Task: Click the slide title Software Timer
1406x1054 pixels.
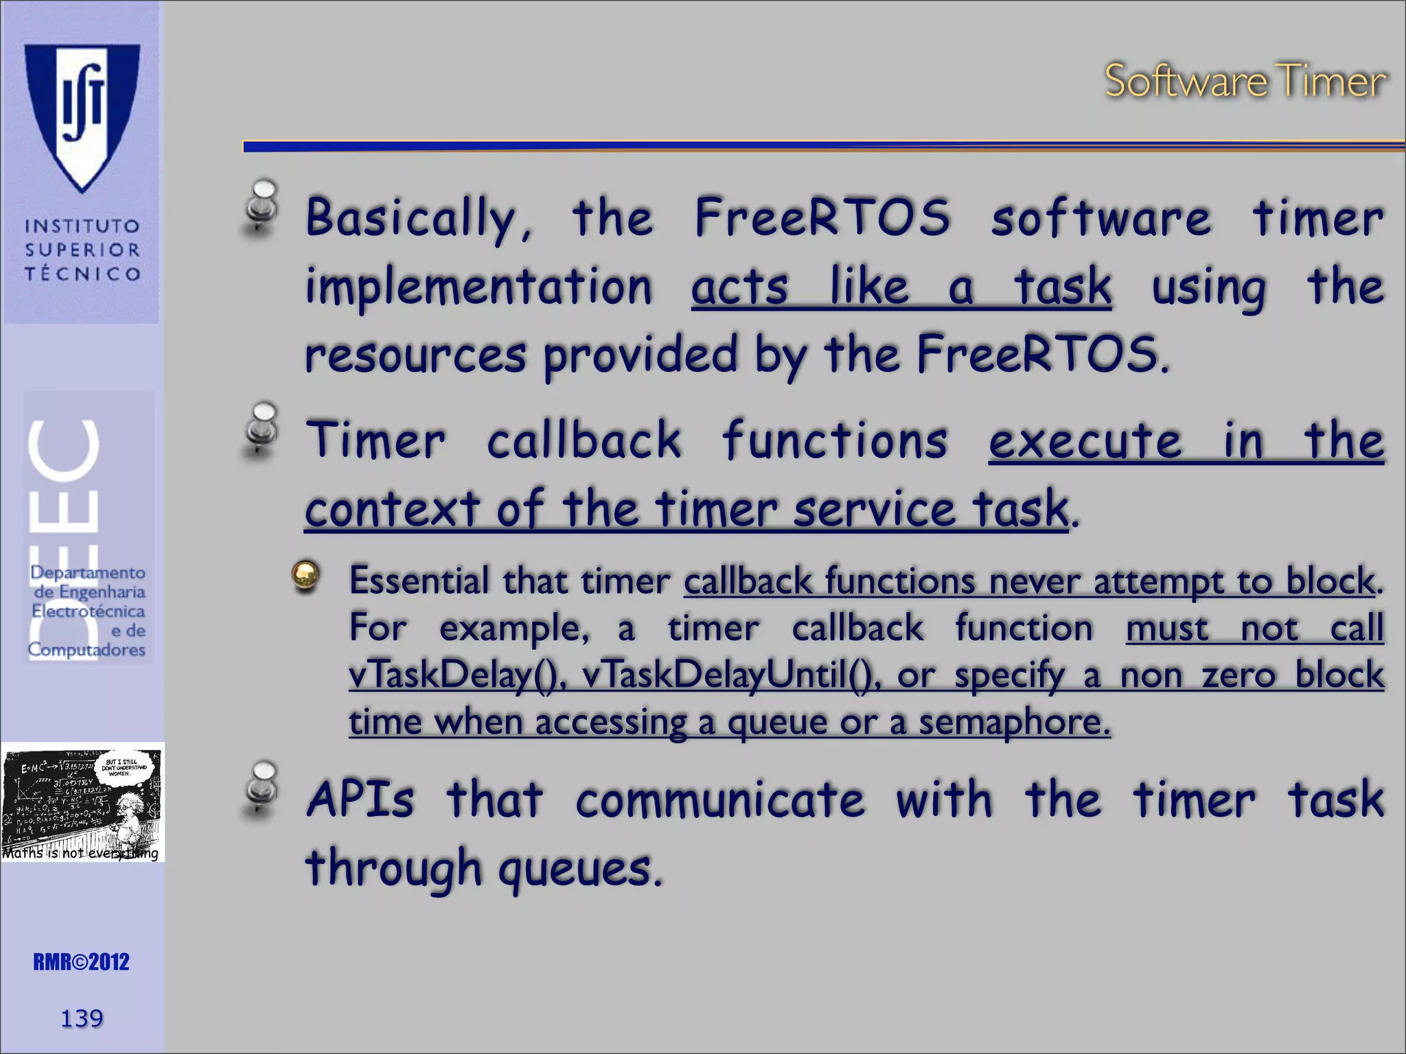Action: pyautogui.click(x=1245, y=81)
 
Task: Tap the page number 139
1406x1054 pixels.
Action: pyautogui.click(x=82, y=1018)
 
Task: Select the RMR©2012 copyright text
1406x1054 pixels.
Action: pyautogui.click(x=81, y=962)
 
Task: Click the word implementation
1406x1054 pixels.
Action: pyautogui.click(x=479, y=287)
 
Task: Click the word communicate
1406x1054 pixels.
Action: pyautogui.click(x=720, y=800)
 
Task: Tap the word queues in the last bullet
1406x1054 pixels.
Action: pyautogui.click(x=580, y=869)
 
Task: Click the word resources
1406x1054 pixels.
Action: pyautogui.click(x=415, y=355)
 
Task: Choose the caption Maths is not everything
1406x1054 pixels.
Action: pyautogui.click(x=80, y=853)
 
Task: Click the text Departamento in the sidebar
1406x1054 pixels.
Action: pyautogui.click(x=88, y=572)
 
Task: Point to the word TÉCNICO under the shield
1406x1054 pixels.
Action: pyautogui.click(x=82, y=274)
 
